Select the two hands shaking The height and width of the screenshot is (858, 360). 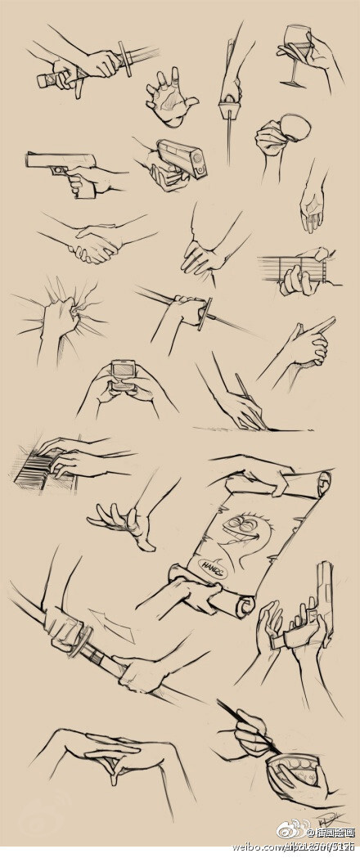[x=96, y=245]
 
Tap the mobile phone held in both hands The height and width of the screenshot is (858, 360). [x=124, y=372]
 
